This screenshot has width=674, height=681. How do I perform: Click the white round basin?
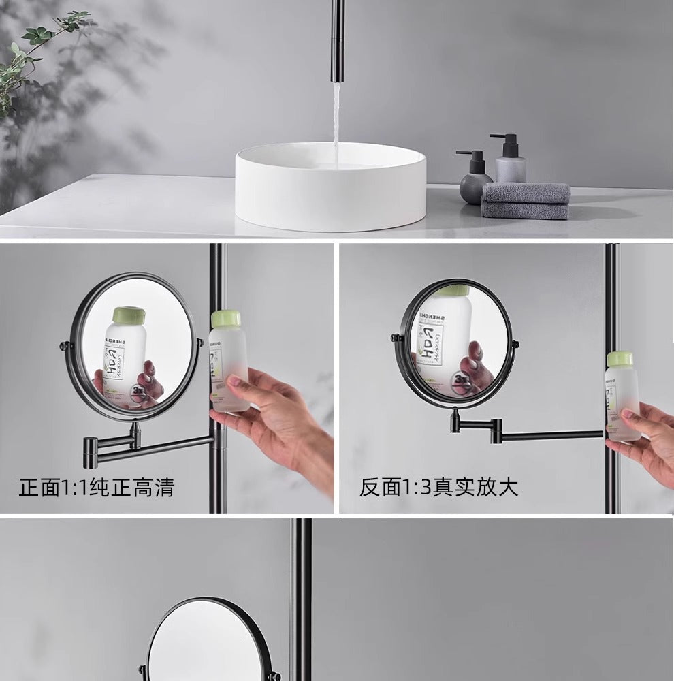point(331,194)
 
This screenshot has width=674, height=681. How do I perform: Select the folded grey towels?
point(526,200)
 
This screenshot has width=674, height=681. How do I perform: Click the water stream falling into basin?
point(336,123)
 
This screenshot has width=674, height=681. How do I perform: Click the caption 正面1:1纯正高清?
point(96,488)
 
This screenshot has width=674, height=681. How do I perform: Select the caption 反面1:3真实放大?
point(439,488)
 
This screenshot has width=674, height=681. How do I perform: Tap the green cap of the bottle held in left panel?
point(226,318)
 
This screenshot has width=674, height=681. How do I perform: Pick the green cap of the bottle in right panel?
point(620,360)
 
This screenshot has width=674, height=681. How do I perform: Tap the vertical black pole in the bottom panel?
point(302,599)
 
